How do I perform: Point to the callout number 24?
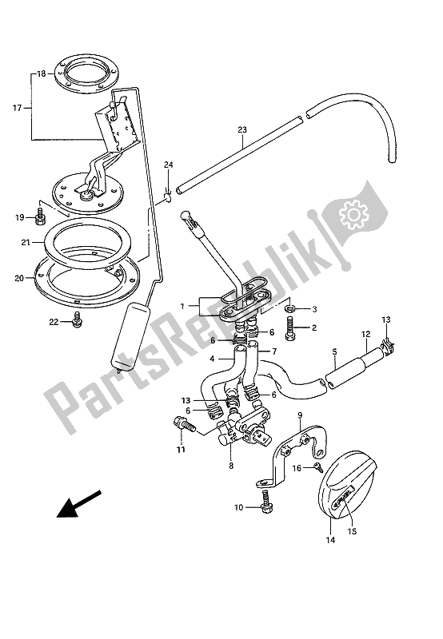point(168,165)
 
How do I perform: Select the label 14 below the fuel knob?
point(331,541)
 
